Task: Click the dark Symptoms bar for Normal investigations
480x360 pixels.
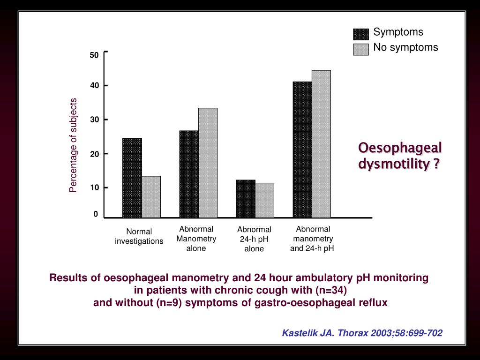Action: tap(132, 178)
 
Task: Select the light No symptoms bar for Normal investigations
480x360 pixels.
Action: tap(151, 196)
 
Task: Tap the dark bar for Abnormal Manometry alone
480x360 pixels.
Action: tap(189, 174)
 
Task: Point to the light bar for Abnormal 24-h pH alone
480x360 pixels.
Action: tap(265, 200)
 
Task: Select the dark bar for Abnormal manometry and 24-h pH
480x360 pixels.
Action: tap(302, 150)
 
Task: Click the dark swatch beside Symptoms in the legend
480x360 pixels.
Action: tap(361, 34)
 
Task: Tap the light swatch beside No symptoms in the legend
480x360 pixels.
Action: tap(361, 49)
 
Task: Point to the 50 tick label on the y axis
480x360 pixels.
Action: tap(94, 55)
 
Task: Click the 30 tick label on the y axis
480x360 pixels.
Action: tap(94, 120)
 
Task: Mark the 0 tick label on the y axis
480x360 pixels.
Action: tap(96, 214)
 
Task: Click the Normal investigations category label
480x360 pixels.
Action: tap(139, 236)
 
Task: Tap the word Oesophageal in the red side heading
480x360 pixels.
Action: tap(400, 148)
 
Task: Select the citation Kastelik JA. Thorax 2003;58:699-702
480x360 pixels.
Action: tap(362, 333)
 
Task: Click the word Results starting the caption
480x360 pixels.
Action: tap(68, 277)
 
